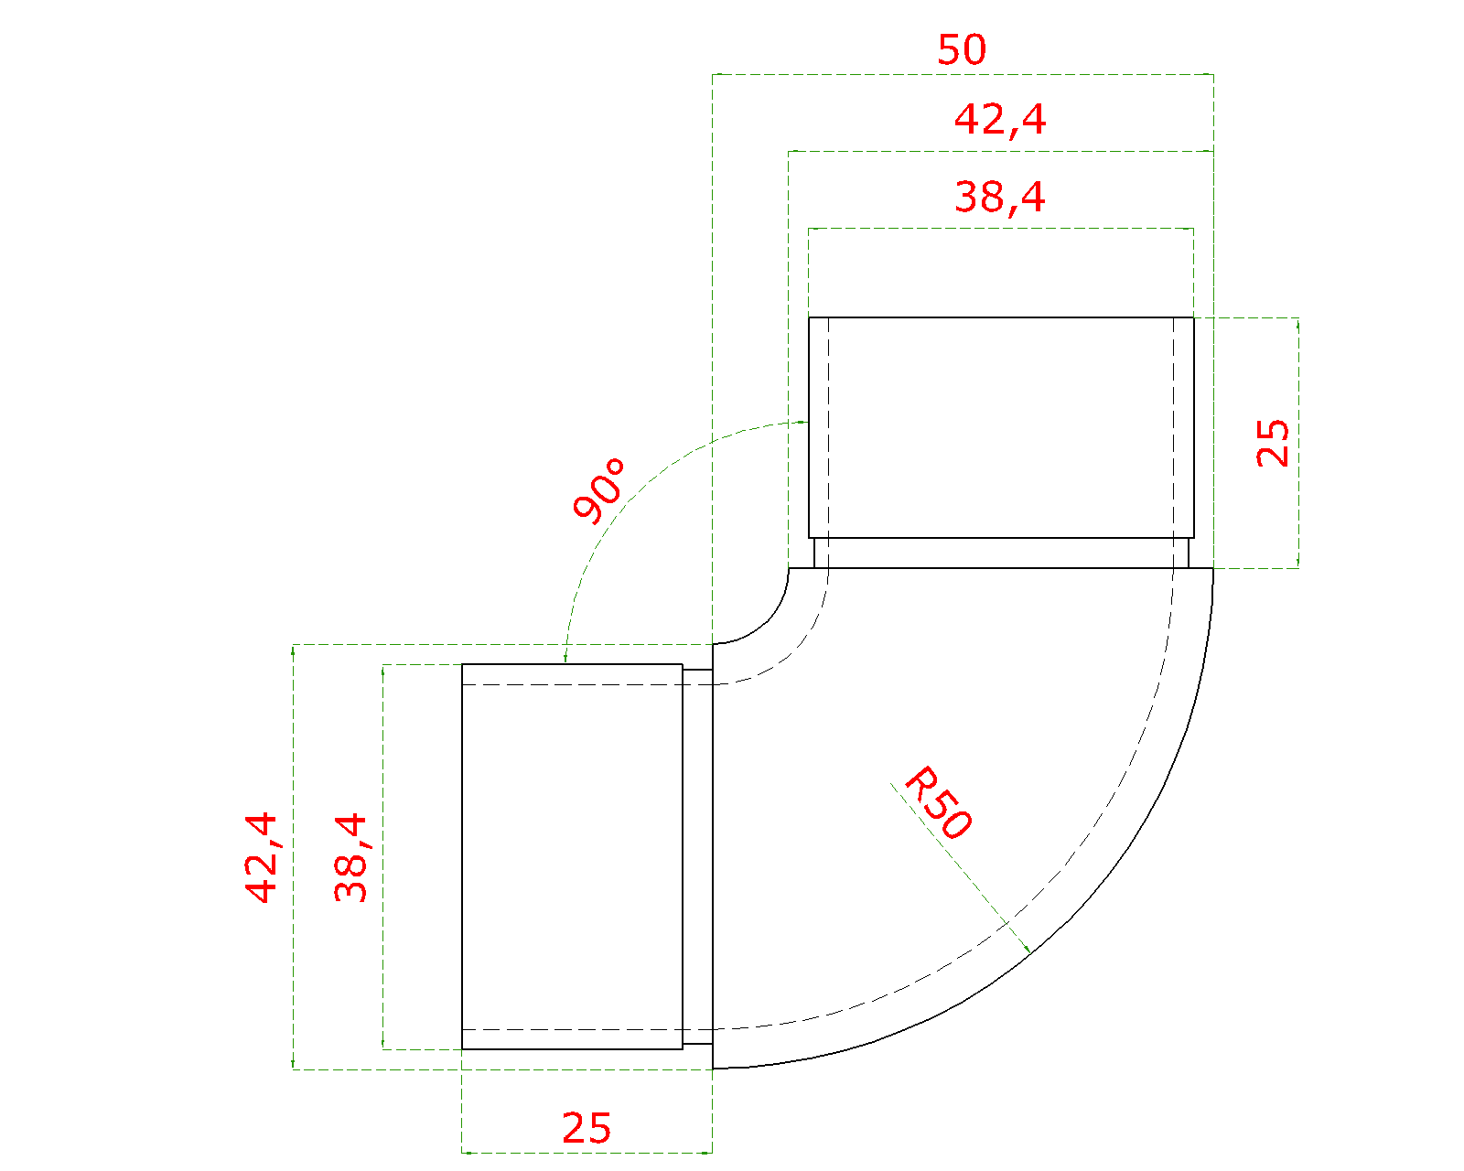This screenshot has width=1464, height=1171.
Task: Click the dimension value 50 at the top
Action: (962, 49)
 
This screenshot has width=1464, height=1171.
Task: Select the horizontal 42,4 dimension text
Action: (1000, 121)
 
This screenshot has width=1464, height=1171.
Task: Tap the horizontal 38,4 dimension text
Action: (1000, 198)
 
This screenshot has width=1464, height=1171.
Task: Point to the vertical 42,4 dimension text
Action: (262, 857)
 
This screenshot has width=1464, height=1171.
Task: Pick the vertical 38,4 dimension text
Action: (351, 857)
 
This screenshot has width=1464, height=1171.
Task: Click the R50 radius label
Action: (938, 802)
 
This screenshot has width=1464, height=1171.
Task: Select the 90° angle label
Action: (598, 490)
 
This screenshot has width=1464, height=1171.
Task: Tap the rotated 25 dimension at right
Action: (1272, 443)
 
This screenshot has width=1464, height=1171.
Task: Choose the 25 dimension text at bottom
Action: (587, 1128)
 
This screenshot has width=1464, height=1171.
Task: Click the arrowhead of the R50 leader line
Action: (1028, 950)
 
